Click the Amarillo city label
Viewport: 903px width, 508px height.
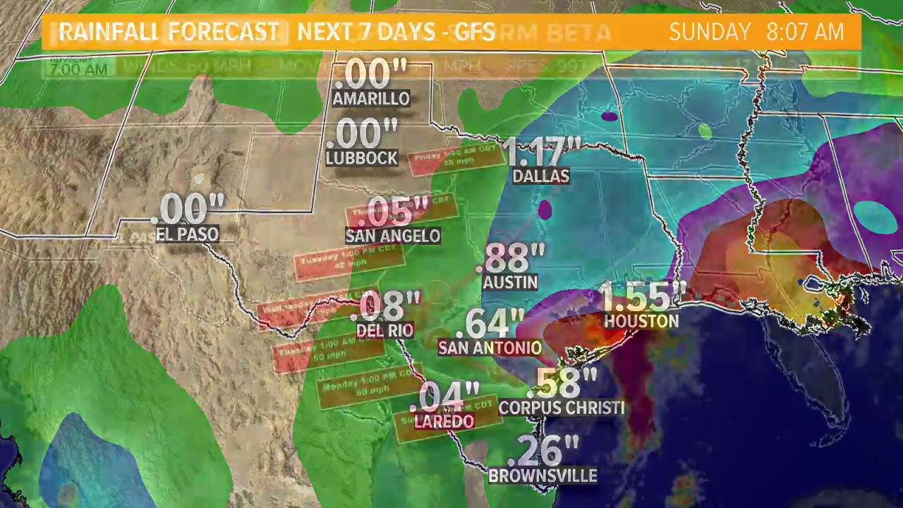click(x=371, y=99)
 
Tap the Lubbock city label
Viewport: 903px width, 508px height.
click(x=362, y=158)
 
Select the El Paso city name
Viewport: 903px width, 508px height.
click(x=187, y=234)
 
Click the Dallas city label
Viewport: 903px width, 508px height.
click(x=540, y=176)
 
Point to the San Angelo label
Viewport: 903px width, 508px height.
click(x=393, y=236)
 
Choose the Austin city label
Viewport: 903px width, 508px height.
click(x=510, y=282)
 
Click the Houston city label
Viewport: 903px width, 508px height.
click(x=641, y=321)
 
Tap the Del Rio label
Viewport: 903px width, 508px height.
click(x=384, y=329)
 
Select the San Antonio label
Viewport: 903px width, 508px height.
click(x=490, y=347)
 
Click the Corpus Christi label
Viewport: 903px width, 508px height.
click(x=562, y=408)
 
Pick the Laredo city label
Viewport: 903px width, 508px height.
click(x=444, y=421)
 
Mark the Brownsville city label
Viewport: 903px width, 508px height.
click(x=543, y=476)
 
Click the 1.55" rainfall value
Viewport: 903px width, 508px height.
click(x=642, y=296)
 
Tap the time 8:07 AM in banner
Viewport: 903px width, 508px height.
click(x=805, y=32)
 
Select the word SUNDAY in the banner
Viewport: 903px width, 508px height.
click(x=710, y=32)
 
